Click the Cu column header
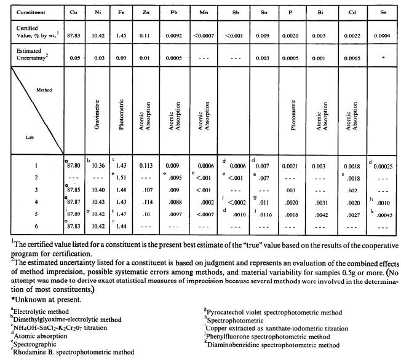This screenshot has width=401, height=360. click(74, 12)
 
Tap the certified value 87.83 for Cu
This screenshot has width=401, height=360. click(74, 36)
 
